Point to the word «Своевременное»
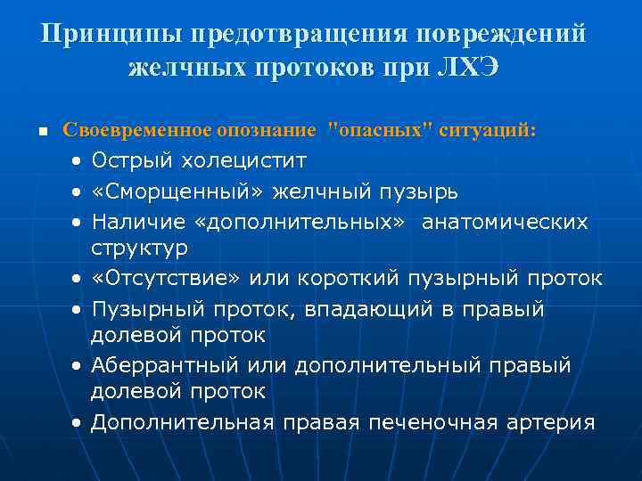click(137, 130)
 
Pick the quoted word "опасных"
click(380, 130)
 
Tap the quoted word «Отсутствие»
click(166, 278)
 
